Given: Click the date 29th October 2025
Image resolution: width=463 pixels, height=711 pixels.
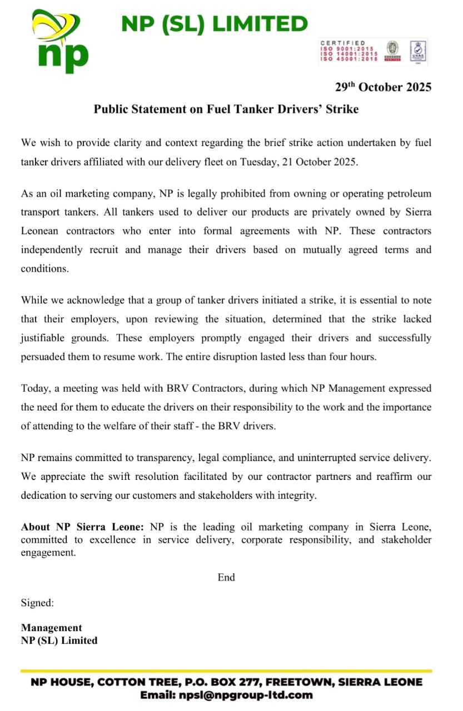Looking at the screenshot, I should pos(383,87).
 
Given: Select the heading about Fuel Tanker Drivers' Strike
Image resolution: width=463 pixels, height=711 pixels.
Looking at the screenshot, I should pos(226,109).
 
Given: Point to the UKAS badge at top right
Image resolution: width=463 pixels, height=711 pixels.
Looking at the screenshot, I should pos(417,51).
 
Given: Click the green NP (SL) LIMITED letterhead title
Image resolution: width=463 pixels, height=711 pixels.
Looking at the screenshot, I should pos(214,24).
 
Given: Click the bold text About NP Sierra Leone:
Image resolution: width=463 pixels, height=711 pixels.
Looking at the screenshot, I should pos(83,527).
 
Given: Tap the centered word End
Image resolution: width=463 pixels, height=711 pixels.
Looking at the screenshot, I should pos(226,577).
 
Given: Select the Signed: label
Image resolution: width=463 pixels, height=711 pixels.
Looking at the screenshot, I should pos(37,602).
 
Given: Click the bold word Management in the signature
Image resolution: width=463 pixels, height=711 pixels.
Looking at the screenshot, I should pos(51,628).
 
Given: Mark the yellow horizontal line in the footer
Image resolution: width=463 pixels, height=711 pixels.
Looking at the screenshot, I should pos(226,671).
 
